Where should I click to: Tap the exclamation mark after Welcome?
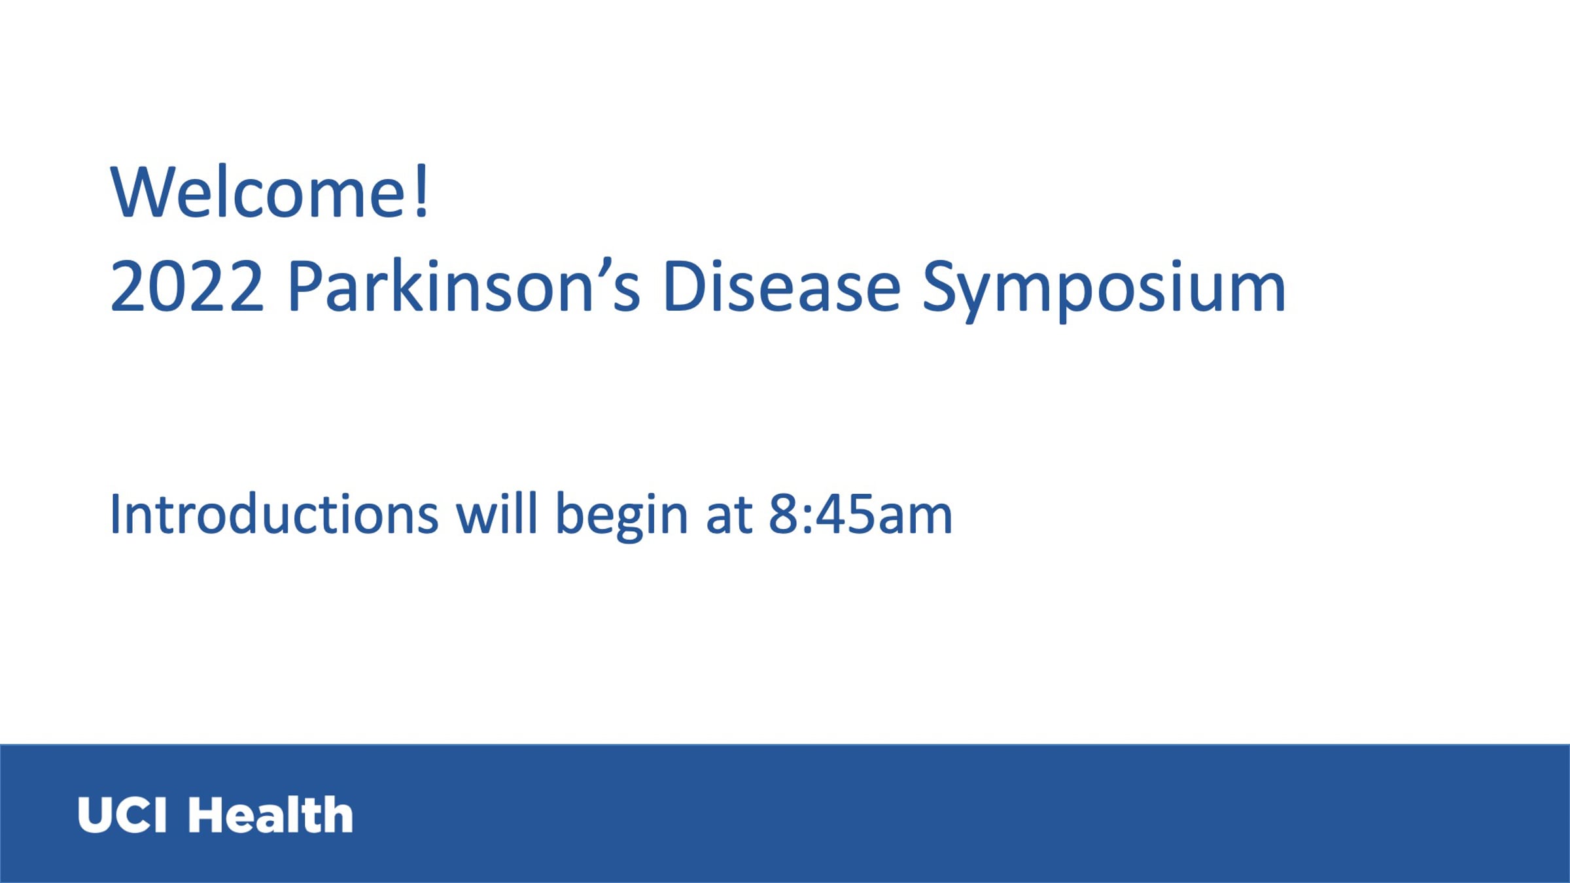(422, 190)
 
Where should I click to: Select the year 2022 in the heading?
(187, 286)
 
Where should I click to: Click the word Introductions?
(274, 514)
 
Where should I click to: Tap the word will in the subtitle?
(497, 513)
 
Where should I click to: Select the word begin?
(621, 516)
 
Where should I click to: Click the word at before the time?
(729, 516)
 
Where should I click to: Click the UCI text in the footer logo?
(122, 815)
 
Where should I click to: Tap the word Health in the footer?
(271, 815)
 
